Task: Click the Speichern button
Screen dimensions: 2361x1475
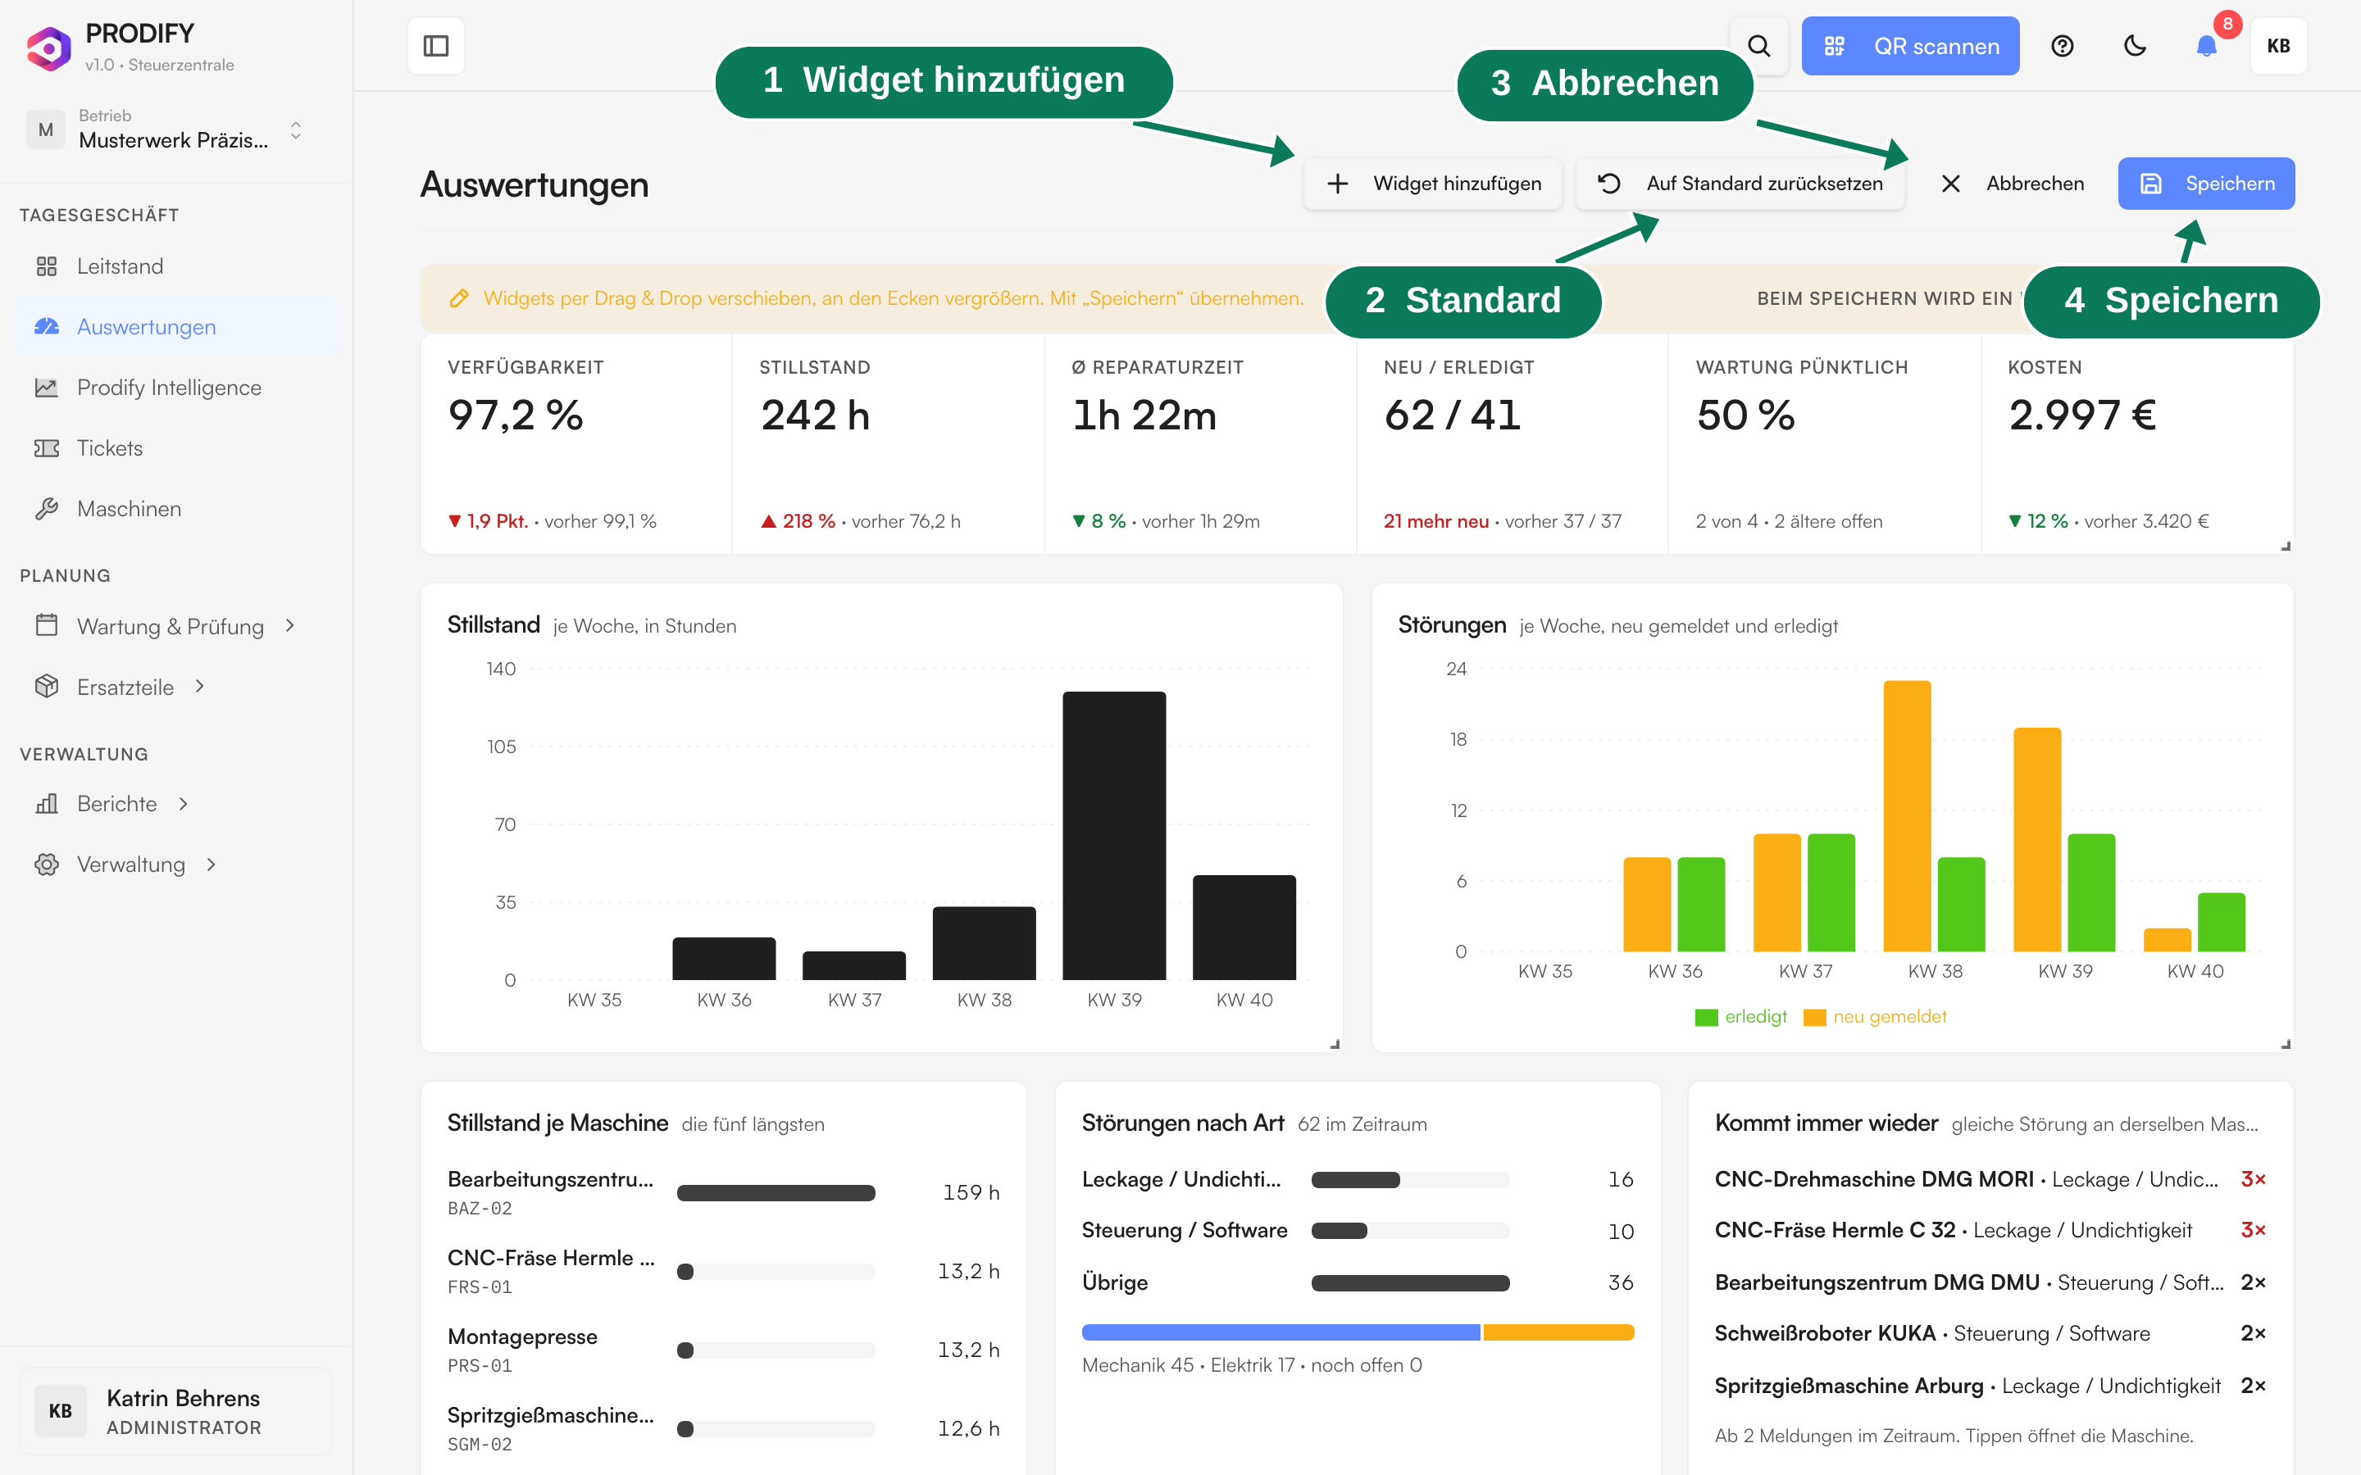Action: pyautogui.click(x=2206, y=184)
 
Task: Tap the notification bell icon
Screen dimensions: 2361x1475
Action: pyautogui.click(x=2206, y=46)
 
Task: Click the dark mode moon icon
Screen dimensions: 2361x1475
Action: pyautogui.click(x=2135, y=46)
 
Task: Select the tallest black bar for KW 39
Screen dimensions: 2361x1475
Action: pyautogui.click(x=1114, y=835)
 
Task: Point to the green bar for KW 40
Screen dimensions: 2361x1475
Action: pyautogui.click(x=2222, y=922)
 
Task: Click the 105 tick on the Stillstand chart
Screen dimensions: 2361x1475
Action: pyautogui.click(x=502, y=747)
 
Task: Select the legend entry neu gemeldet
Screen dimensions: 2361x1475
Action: pyautogui.click(x=1875, y=1016)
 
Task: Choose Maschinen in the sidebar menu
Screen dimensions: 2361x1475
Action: pyautogui.click(x=129, y=508)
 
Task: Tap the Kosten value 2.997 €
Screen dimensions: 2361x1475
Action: pyautogui.click(x=2082, y=415)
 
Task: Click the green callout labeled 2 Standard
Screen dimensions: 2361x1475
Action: pyautogui.click(x=1463, y=301)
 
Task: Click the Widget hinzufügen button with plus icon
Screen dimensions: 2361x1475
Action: pyautogui.click(x=1433, y=184)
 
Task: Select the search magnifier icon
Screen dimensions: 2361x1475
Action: pyautogui.click(x=1758, y=46)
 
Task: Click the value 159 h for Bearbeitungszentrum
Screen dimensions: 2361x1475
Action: pyautogui.click(x=971, y=1192)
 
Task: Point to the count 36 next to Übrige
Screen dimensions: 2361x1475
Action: pyautogui.click(x=1621, y=1282)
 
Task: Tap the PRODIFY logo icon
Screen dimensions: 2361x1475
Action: pyautogui.click(x=49, y=47)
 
